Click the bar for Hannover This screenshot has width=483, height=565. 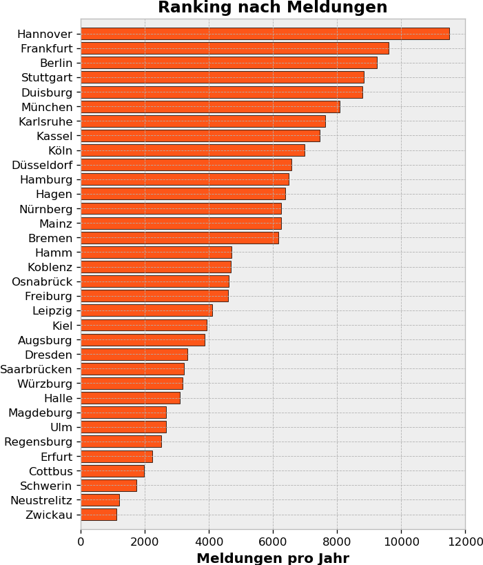click(x=265, y=34)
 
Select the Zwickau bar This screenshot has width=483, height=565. click(x=99, y=515)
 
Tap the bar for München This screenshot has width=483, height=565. click(x=210, y=107)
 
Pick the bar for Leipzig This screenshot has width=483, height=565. click(x=146, y=310)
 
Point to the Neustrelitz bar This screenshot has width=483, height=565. click(x=100, y=500)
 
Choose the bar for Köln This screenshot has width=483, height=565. click(x=192, y=150)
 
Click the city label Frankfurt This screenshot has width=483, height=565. click(x=46, y=48)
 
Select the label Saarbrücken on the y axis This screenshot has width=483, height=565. click(x=36, y=369)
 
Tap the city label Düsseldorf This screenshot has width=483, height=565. click(x=42, y=165)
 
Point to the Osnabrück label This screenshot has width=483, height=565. click(x=42, y=281)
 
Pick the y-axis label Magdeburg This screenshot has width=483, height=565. click(x=40, y=413)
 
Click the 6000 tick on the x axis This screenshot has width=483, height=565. click(x=273, y=542)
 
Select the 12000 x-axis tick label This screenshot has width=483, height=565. click(x=465, y=542)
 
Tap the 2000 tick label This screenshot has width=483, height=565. click(x=145, y=542)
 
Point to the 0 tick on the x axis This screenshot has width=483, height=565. click(x=81, y=542)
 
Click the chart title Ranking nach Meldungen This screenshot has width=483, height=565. click(x=272, y=8)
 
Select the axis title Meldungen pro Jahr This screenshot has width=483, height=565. click(x=272, y=558)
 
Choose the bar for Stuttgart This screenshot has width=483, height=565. click(x=222, y=77)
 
